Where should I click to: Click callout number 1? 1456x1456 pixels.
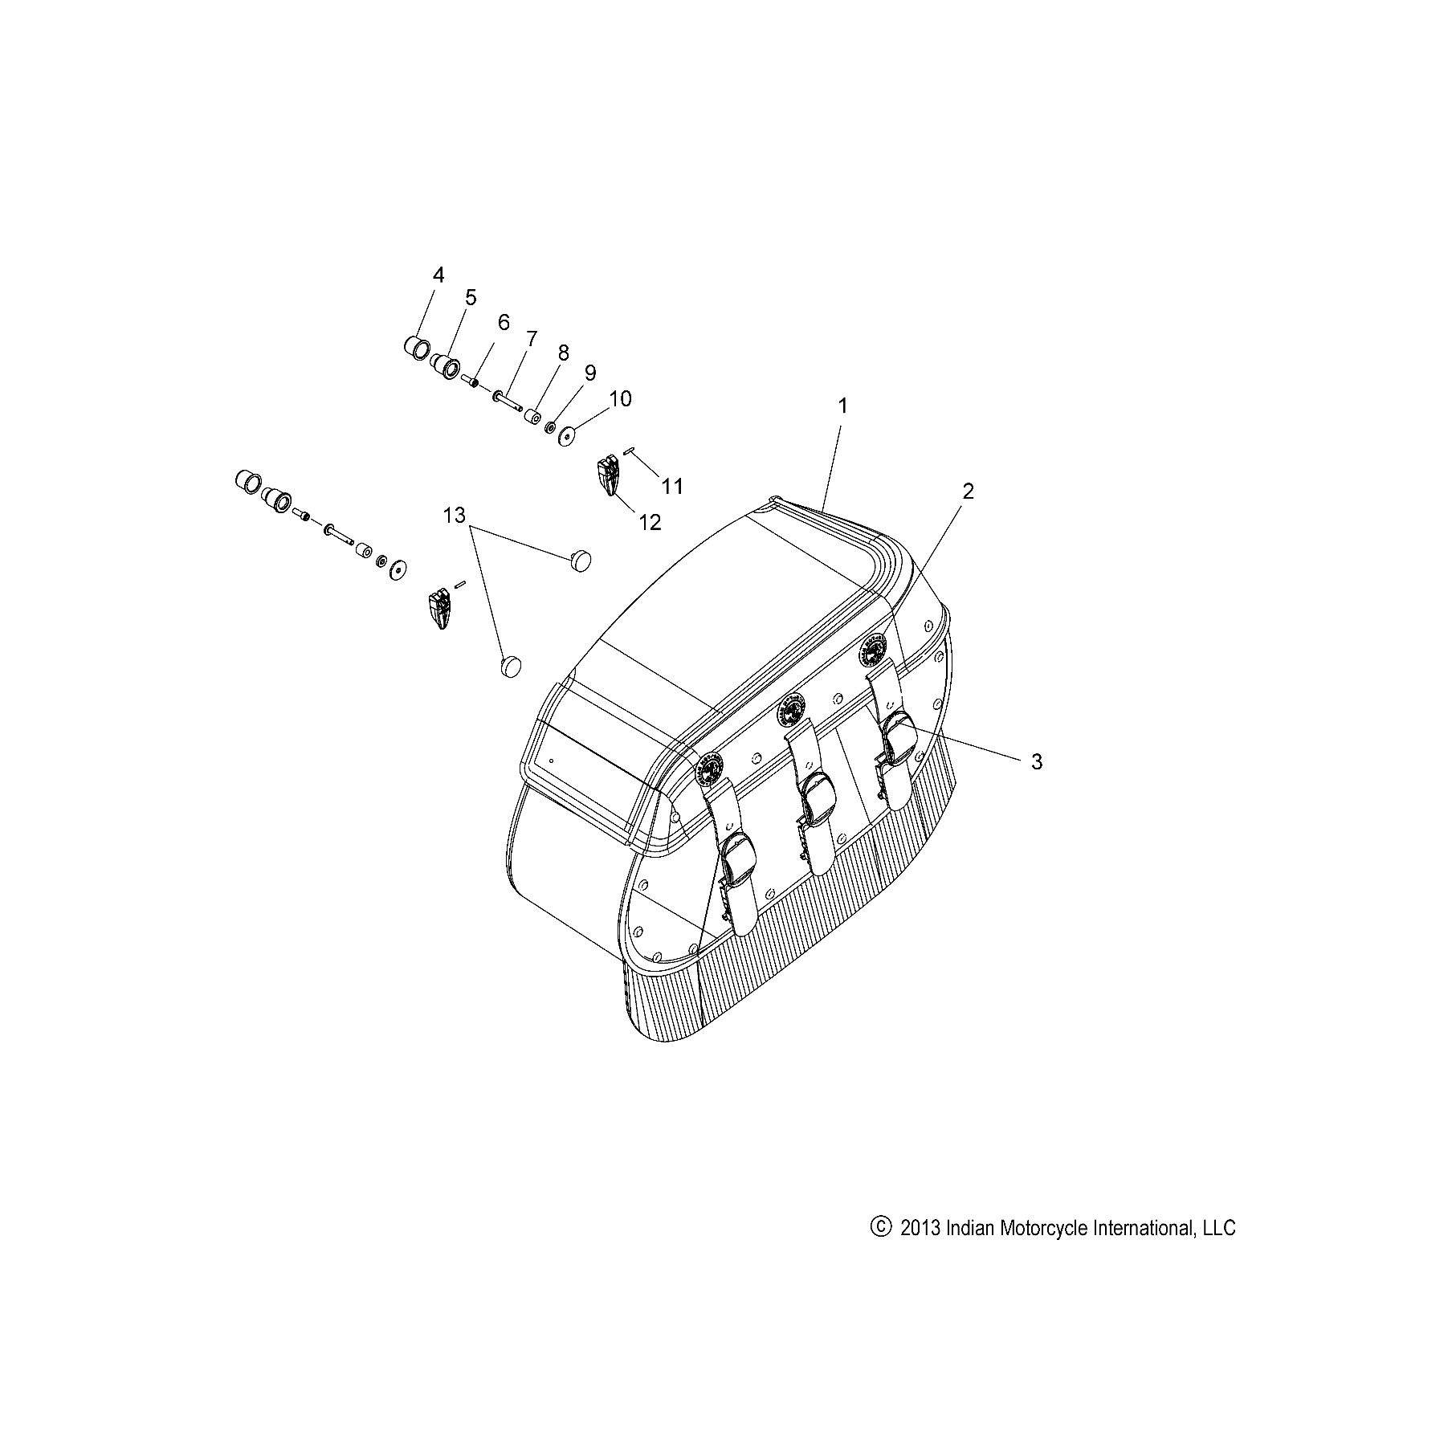pyautogui.click(x=843, y=406)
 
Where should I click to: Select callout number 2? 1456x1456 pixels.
pyautogui.click(x=968, y=491)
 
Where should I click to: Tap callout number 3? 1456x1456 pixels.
pyautogui.click(x=1036, y=761)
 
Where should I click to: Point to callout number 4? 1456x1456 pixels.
pyautogui.click(x=438, y=275)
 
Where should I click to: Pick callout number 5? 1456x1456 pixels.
pyautogui.click(x=470, y=297)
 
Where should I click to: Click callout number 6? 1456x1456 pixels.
pyautogui.click(x=504, y=323)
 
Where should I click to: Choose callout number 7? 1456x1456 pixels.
pyautogui.click(x=531, y=339)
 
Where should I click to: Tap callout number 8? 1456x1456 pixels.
pyautogui.click(x=563, y=353)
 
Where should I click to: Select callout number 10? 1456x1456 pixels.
pyautogui.click(x=620, y=398)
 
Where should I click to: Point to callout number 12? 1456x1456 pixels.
pyautogui.click(x=649, y=522)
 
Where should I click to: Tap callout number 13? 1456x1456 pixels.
pyautogui.click(x=454, y=515)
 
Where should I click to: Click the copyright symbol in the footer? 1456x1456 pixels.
pyautogui.click(x=881, y=1226)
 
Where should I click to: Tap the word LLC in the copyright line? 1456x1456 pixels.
pyautogui.click(x=1218, y=1227)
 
